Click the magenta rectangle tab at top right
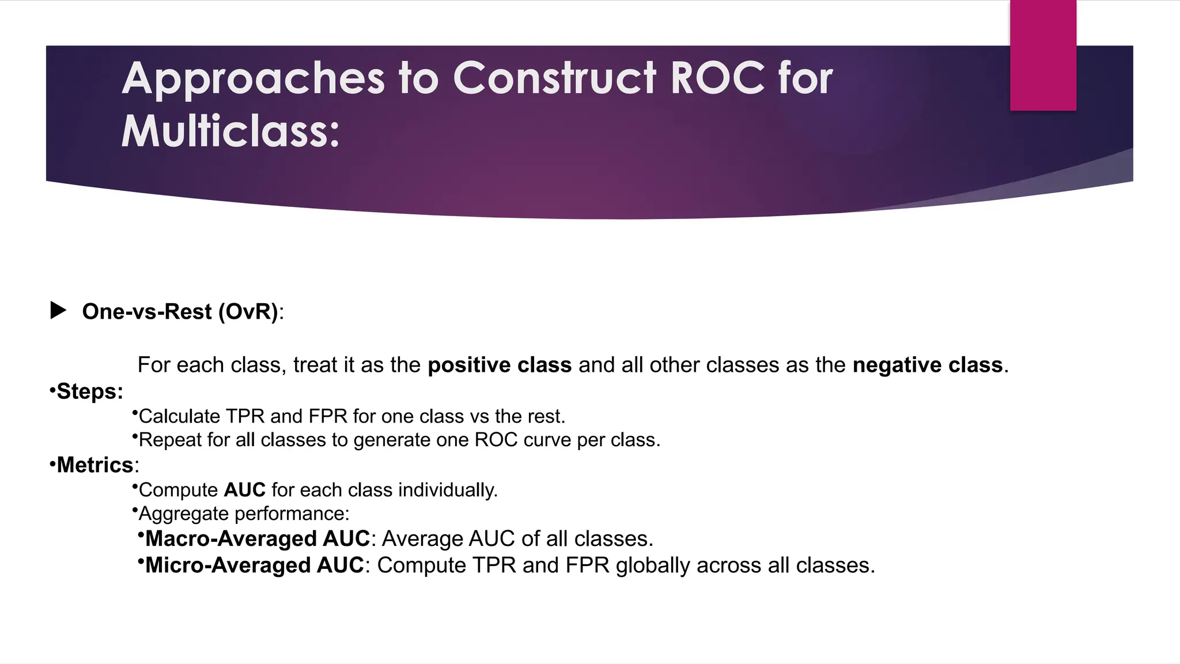tap(1042, 55)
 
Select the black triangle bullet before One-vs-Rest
tap(58, 311)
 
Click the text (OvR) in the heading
tap(248, 312)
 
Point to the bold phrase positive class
tap(499, 365)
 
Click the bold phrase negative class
tap(927, 365)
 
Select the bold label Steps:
tap(89, 391)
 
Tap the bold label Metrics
tap(95, 465)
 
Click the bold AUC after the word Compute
tap(244, 490)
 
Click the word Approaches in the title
tap(253, 80)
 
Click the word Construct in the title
tap(554, 78)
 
